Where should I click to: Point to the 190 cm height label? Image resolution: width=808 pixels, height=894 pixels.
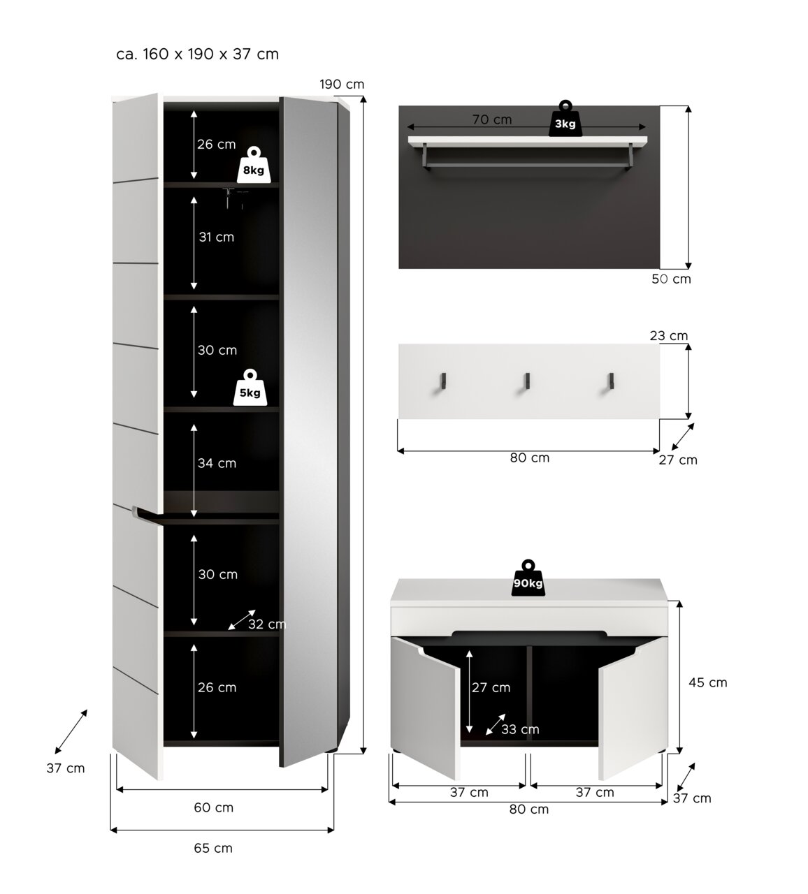pyautogui.click(x=342, y=85)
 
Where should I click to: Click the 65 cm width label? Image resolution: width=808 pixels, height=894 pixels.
pyautogui.click(x=213, y=848)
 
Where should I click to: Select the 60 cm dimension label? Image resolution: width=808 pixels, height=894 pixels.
pyautogui.click(x=213, y=807)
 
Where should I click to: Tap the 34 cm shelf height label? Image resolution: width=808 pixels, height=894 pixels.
pyautogui.click(x=217, y=463)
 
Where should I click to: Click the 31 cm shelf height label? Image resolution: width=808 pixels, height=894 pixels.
pyautogui.click(x=217, y=237)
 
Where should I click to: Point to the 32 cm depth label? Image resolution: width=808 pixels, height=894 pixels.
pyautogui.click(x=267, y=624)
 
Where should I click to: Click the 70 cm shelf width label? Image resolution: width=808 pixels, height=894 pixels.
pyautogui.click(x=492, y=119)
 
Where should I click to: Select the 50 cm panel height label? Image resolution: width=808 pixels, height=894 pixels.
pyautogui.click(x=671, y=279)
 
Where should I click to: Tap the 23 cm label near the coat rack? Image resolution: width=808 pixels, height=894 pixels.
pyautogui.click(x=669, y=335)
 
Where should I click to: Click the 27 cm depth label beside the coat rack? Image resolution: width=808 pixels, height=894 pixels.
pyautogui.click(x=678, y=460)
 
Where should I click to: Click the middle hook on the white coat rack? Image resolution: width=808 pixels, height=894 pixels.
pyautogui.click(x=527, y=381)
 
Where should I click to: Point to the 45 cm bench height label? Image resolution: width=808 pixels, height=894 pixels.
pyautogui.click(x=708, y=682)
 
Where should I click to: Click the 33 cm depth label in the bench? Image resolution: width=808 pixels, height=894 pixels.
pyautogui.click(x=520, y=729)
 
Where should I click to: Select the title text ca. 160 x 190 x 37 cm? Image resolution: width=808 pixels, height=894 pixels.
pyautogui.click(x=197, y=54)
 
